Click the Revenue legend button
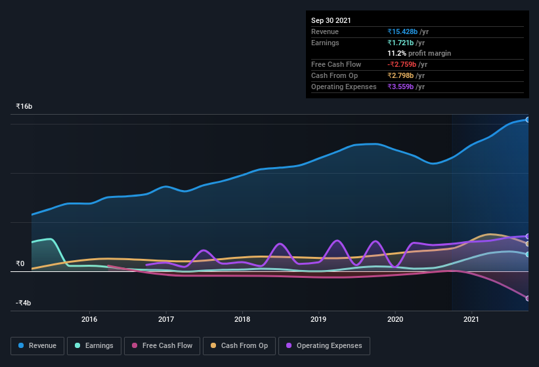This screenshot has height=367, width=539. point(37,345)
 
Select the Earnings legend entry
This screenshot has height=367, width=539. point(93,345)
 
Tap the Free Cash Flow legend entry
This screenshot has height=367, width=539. point(162,345)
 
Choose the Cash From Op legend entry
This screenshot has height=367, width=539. point(239,345)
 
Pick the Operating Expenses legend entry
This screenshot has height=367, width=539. point(324,345)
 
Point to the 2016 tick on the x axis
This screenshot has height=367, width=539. point(89,319)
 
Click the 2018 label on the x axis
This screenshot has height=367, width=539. point(242,319)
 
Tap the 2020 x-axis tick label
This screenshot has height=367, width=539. point(395,319)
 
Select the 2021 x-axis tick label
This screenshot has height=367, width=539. point(471,319)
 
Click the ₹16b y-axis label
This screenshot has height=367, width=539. point(24,106)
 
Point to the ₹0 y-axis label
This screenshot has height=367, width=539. point(20,263)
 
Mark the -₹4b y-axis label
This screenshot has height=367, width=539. point(24,303)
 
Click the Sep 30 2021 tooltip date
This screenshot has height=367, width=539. point(331,20)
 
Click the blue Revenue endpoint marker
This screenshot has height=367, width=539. point(527,120)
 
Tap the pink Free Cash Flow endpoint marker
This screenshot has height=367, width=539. point(527,298)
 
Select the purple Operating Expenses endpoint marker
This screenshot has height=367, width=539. point(527,237)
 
